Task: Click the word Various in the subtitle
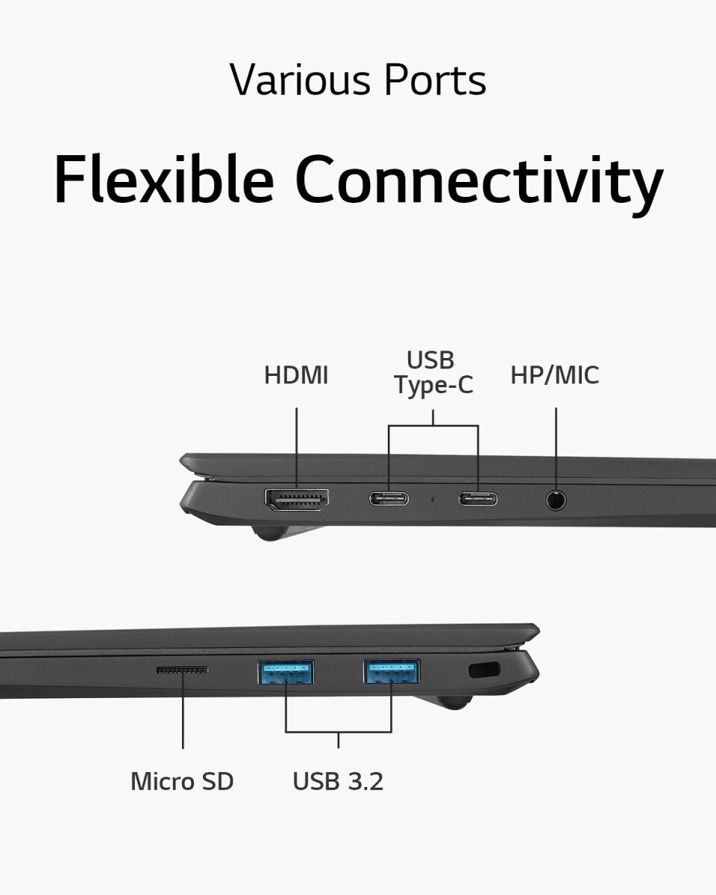(x=300, y=80)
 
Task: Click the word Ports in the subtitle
(x=435, y=80)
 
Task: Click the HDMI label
(x=296, y=375)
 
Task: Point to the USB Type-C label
(x=433, y=372)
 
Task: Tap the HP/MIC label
(x=555, y=375)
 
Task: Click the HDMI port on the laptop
(x=297, y=500)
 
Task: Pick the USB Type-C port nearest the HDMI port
(x=389, y=499)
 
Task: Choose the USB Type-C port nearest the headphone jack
(x=478, y=499)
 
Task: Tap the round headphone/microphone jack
(x=556, y=500)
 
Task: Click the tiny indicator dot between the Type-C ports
(x=433, y=498)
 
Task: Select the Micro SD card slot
(x=182, y=670)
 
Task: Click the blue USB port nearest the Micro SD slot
(x=286, y=673)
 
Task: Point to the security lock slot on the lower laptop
(x=484, y=670)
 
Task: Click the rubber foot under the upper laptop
(x=271, y=533)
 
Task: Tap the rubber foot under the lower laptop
(x=454, y=702)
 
